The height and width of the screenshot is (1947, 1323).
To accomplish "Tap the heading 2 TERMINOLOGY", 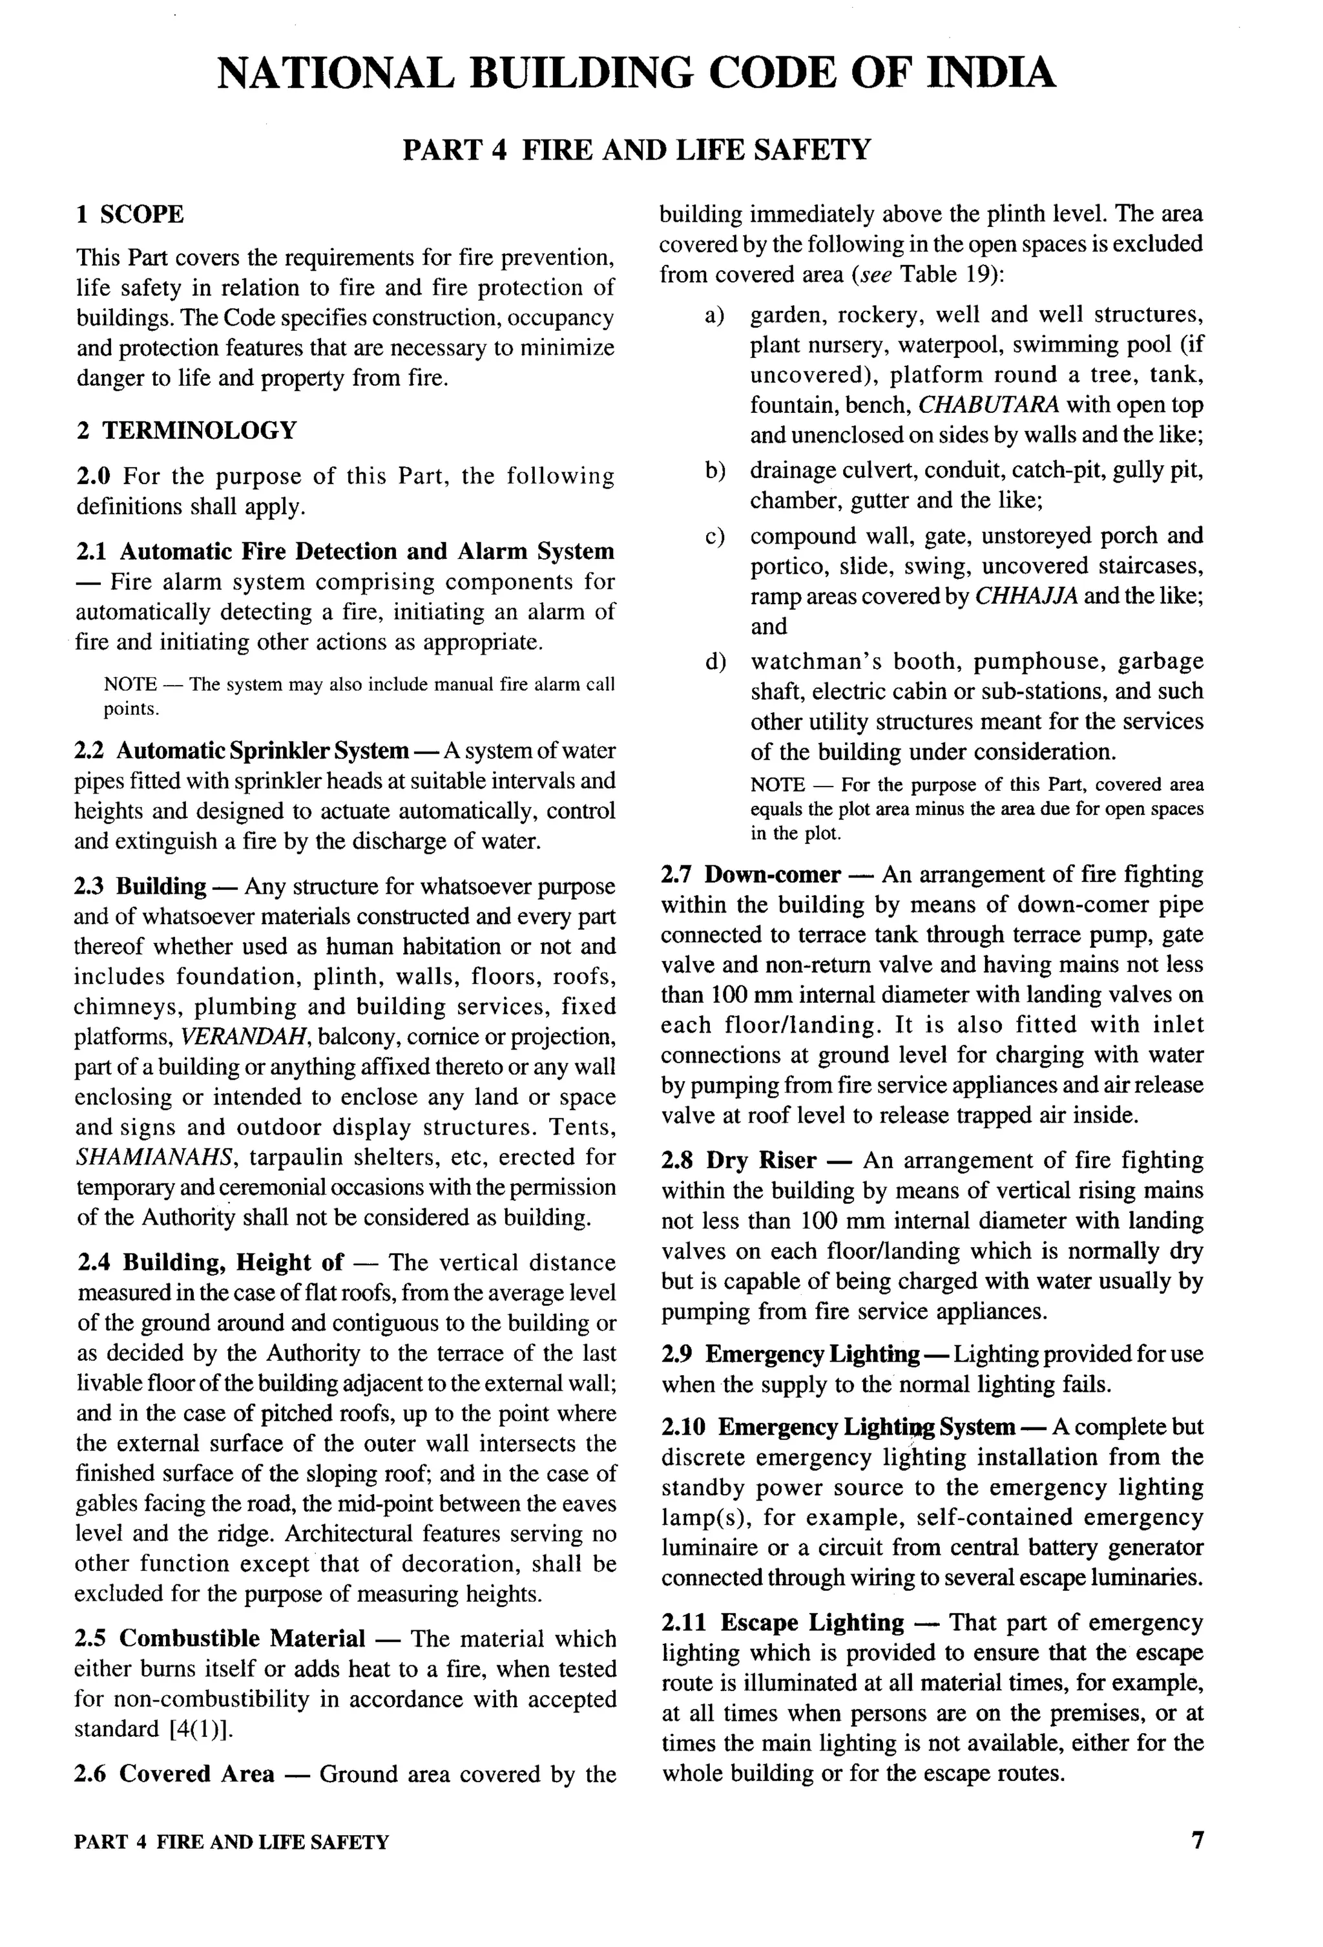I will (187, 430).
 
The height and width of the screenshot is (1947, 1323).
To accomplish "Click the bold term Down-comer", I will (772, 875).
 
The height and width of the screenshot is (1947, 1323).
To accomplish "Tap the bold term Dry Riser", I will (761, 1161).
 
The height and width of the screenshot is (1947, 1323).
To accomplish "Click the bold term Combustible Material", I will (242, 1639).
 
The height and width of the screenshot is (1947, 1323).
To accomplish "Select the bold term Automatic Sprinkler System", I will (262, 751).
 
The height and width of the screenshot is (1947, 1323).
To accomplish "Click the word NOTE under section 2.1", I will (130, 684).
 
